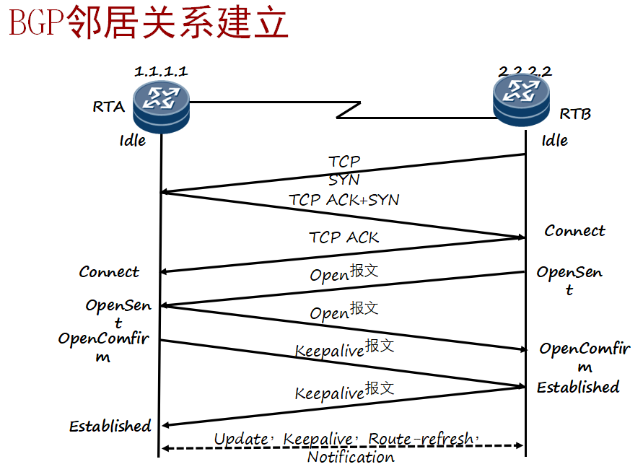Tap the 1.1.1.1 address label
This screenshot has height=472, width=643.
coord(161,71)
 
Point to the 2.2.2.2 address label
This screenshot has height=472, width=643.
coord(525,71)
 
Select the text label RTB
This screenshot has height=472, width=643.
coord(575,114)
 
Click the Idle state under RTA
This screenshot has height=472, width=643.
coord(133,140)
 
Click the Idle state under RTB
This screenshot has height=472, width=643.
coord(555,140)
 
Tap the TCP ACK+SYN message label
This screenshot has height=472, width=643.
coord(344,199)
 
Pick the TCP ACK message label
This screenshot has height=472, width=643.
coord(344,237)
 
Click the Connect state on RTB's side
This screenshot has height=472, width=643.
coord(574,231)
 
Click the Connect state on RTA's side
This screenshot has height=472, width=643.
coord(109,272)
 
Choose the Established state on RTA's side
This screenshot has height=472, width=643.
coord(110,426)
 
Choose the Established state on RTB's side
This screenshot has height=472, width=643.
coord(577,388)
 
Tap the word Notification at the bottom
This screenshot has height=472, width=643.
coord(351,457)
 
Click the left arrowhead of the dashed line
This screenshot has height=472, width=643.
coord(165,448)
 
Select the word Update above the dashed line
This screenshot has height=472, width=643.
coord(240,439)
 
